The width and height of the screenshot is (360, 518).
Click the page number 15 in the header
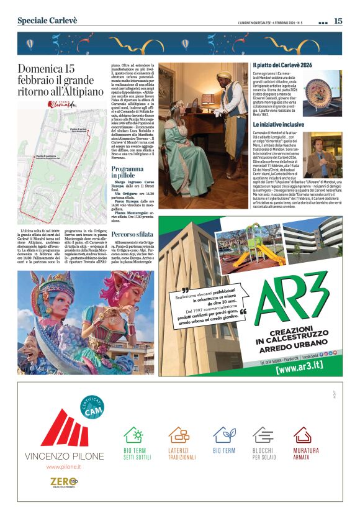pyautogui.click(x=338, y=21)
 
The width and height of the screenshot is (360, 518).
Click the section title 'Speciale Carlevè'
pyautogui.click(x=47, y=20)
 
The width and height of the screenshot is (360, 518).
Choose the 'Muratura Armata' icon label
pyautogui.click(x=305, y=453)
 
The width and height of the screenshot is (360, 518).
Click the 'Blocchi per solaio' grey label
pyautogui.click(x=263, y=453)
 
